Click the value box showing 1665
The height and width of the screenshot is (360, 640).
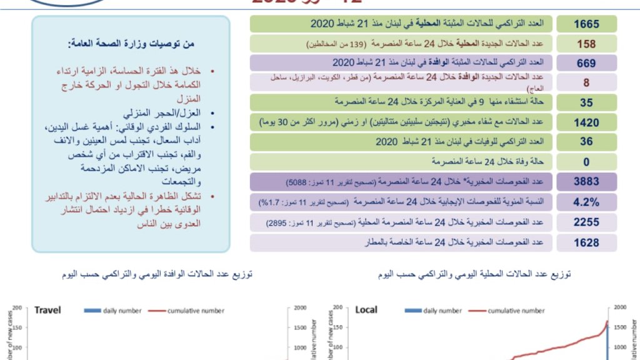(x=586, y=24)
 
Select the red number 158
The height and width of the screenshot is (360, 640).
(x=586, y=44)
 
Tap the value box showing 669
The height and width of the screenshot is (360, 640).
(x=586, y=63)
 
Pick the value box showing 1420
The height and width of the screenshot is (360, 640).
(x=586, y=122)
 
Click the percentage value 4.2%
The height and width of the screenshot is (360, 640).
(x=586, y=202)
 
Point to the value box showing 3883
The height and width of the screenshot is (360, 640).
(x=586, y=182)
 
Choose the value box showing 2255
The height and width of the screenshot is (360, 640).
(x=586, y=222)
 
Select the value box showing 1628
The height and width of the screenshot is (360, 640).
(x=586, y=242)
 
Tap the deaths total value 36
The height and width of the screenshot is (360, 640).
(x=586, y=142)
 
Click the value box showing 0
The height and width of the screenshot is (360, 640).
(x=586, y=162)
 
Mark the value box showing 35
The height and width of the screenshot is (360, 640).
(x=586, y=102)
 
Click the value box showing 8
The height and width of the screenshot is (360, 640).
(x=586, y=82)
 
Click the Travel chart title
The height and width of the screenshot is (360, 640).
(x=47, y=310)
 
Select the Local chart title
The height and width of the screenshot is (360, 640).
(x=366, y=310)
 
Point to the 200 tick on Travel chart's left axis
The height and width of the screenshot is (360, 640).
(x=17, y=307)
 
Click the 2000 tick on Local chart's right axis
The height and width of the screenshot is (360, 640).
(x=621, y=307)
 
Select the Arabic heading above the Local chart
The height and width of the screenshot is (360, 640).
(x=474, y=274)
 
